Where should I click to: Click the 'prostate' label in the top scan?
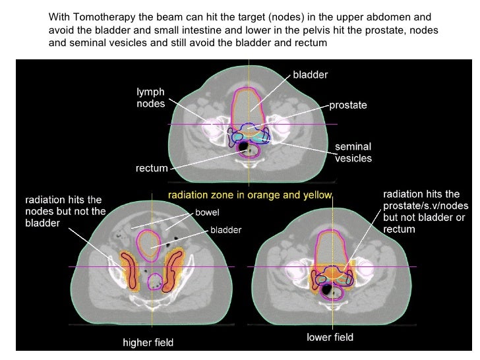[x=347, y=105]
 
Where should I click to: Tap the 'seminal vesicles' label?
[x=353, y=152]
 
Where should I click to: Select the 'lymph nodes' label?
[x=150, y=98]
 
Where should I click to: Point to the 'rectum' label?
[x=152, y=169]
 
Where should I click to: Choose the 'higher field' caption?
[x=148, y=342]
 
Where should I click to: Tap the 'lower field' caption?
[x=330, y=338]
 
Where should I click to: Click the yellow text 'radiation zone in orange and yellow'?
[x=251, y=195]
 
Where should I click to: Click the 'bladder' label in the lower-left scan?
[x=225, y=230]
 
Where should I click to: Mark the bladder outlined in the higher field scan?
[x=153, y=243]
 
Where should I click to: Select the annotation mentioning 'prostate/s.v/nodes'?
[x=421, y=212]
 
